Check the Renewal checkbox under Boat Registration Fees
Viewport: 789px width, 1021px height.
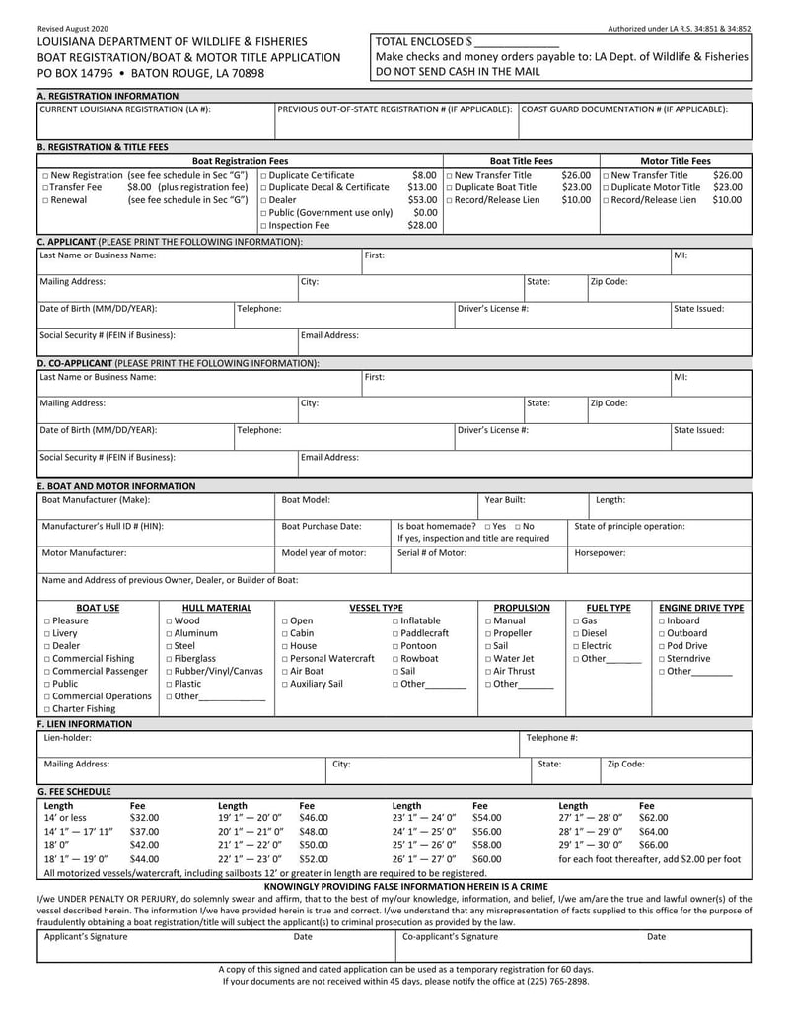click(45, 200)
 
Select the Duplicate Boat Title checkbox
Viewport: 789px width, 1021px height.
click(450, 187)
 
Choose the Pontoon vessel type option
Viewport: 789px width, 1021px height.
click(395, 646)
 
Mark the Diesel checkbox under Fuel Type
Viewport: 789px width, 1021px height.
click(577, 633)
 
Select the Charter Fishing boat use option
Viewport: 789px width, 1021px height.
click(45, 708)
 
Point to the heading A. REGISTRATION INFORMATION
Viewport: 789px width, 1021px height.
click(108, 96)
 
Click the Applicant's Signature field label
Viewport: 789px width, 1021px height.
click(86, 937)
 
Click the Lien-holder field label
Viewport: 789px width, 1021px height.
click(68, 737)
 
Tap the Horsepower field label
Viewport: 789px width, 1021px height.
click(601, 553)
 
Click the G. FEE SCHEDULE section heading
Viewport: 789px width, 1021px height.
click(74, 791)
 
